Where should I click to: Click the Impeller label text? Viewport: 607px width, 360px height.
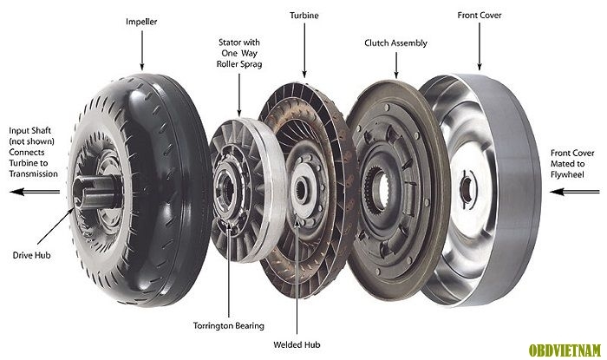click(141, 22)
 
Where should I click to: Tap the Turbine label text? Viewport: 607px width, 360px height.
click(304, 16)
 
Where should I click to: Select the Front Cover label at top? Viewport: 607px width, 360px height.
click(480, 15)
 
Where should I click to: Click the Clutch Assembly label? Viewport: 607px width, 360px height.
click(395, 43)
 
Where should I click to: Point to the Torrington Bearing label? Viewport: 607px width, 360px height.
click(229, 326)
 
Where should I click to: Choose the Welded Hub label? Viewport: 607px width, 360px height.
click(297, 344)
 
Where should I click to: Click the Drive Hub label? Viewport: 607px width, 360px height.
click(32, 255)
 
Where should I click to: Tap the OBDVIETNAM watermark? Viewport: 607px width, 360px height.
click(565, 350)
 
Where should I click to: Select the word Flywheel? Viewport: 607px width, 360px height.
click(567, 174)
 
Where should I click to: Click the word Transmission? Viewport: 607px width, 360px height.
click(34, 173)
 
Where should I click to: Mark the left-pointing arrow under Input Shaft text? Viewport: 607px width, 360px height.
click(35, 192)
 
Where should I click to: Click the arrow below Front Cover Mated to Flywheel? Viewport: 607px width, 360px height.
click(574, 192)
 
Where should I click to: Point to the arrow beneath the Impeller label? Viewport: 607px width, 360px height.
click(141, 50)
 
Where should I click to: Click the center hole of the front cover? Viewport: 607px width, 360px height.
click(467, 190)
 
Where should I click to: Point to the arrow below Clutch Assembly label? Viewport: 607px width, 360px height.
click(396, 65)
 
